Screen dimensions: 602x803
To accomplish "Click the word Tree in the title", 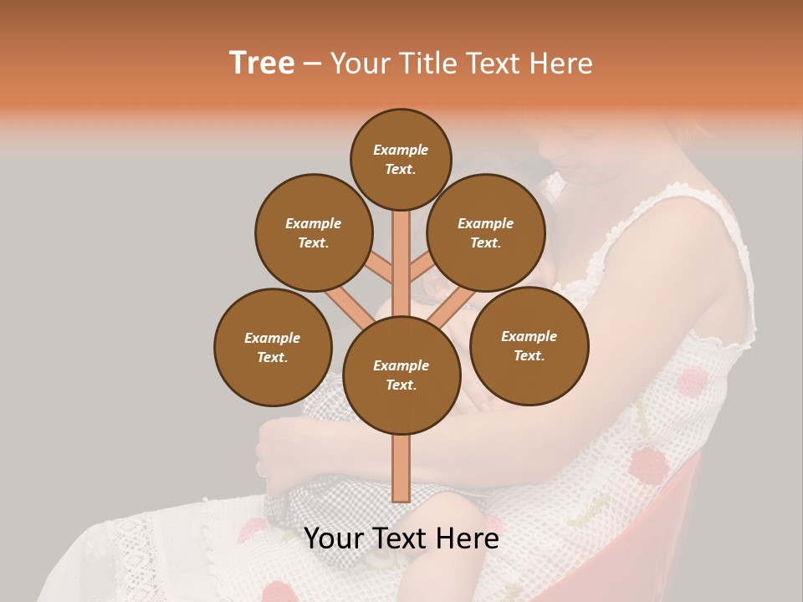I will pyautogui.click(x=262, y=64).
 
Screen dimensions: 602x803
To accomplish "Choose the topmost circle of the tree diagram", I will pyautogui.click(x=401, y=159).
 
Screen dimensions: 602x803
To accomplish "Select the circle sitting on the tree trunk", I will pyautogui.click(x=401, y=375).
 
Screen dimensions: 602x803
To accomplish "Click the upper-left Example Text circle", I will pyautogui.click(x=313, y=232).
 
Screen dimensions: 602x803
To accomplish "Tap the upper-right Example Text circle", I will pyautogui.click(x=485, y=232).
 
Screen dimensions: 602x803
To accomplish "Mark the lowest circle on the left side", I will pyautogui.click(x=273, y=347).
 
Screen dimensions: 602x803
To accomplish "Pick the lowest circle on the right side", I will pyautogui.click(x=529, y=345).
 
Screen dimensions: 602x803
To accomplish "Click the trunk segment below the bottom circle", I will pyautogui.click(x=401, y=468).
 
